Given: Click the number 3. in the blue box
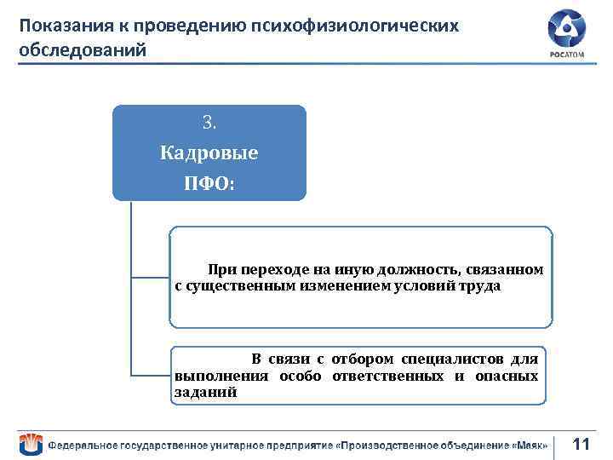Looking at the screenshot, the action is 209,123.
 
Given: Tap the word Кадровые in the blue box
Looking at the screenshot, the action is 209,153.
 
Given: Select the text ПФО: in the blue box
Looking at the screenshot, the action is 209,183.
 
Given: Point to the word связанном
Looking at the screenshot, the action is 504,270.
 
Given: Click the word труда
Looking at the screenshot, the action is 481,286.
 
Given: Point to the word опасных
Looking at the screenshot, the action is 509,376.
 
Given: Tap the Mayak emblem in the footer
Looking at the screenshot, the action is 30,444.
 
